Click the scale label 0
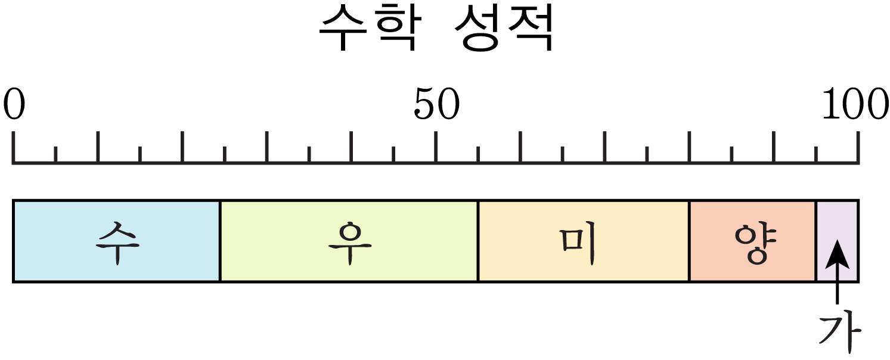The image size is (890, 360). (14, 104)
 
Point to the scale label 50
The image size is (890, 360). (437, 104)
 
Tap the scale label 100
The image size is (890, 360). (855, 104)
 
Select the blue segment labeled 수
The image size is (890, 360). (117, 241)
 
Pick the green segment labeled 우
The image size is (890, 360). (349, 241)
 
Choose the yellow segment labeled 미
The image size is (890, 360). (584, 241)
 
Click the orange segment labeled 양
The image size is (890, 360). (753, 241)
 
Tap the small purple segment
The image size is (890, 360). (837, 241)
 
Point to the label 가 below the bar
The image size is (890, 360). (839, 334)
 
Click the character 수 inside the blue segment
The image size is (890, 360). (117, 243)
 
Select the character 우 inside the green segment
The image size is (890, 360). (350, 243)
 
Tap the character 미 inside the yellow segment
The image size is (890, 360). (578, 243)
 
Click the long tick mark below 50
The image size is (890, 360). (436, 146)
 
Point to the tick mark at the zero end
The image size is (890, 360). (14, 146)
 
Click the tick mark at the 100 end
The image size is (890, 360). (858, 146)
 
